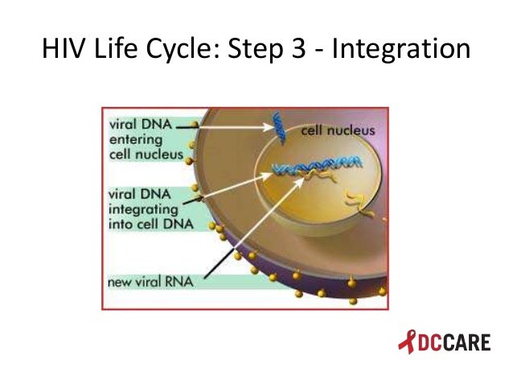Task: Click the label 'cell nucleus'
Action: (338, 129)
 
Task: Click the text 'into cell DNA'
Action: (150, 223)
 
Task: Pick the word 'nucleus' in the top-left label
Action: (162, 154)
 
